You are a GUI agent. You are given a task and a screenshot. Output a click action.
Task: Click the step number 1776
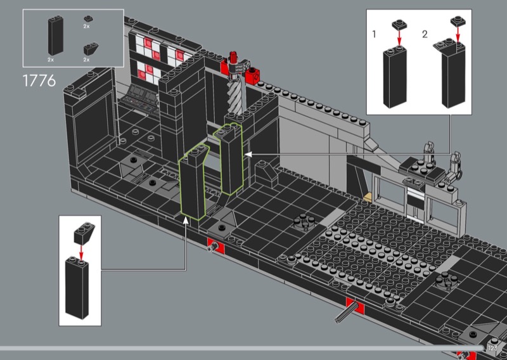(x=40, y=81)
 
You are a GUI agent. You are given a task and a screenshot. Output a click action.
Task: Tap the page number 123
(x=493, y=348)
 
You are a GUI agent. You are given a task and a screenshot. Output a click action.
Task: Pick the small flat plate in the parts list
(x=87, y=19)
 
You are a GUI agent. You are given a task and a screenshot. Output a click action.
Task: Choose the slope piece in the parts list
(x=87, y=48)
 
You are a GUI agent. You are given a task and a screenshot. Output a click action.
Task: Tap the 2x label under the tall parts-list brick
(x=51, y=59)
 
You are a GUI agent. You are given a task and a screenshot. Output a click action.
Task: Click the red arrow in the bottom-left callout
(x=81, y=252)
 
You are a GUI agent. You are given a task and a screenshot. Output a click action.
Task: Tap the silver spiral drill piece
(x=233, y=95)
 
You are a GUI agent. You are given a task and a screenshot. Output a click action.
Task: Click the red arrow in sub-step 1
(x=399, y=39)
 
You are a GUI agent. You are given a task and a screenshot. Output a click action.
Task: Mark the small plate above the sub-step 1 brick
(x=399, y=25)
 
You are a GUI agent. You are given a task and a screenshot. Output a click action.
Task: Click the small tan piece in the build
(x=367, y=196)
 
